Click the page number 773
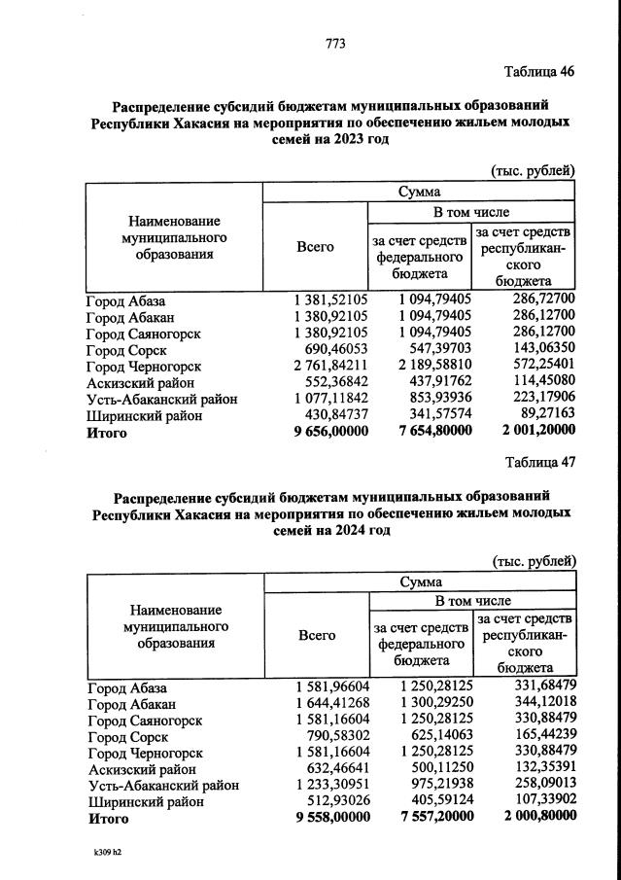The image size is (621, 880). pos(335,43)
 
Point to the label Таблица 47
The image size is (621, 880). pos(540,462)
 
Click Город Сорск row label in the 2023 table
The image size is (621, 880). pos(126,350)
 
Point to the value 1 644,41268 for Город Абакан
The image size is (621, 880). pos(332,704)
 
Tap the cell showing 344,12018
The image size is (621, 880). pos(543,704)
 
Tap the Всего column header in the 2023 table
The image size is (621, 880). pos(315,247)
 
